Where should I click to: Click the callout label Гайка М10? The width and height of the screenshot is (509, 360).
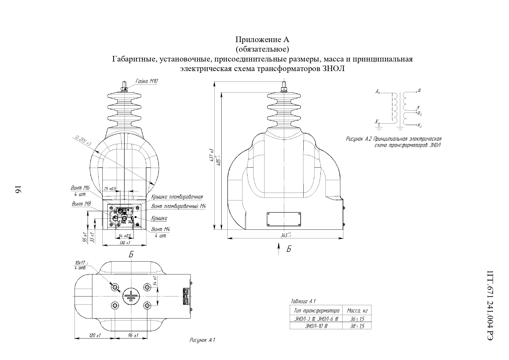coord(147,81)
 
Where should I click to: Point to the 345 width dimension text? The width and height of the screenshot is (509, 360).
coord(286,235)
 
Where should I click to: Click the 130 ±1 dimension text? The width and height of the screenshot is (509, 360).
coord(125,243)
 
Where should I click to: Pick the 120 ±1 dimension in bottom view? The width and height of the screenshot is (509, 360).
coord(95,335)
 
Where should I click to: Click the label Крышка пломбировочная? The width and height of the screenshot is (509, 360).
coord(177,197)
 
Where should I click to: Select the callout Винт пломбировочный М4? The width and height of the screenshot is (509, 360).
coord(178,206)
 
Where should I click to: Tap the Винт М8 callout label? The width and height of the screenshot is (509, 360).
coord(81,204)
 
